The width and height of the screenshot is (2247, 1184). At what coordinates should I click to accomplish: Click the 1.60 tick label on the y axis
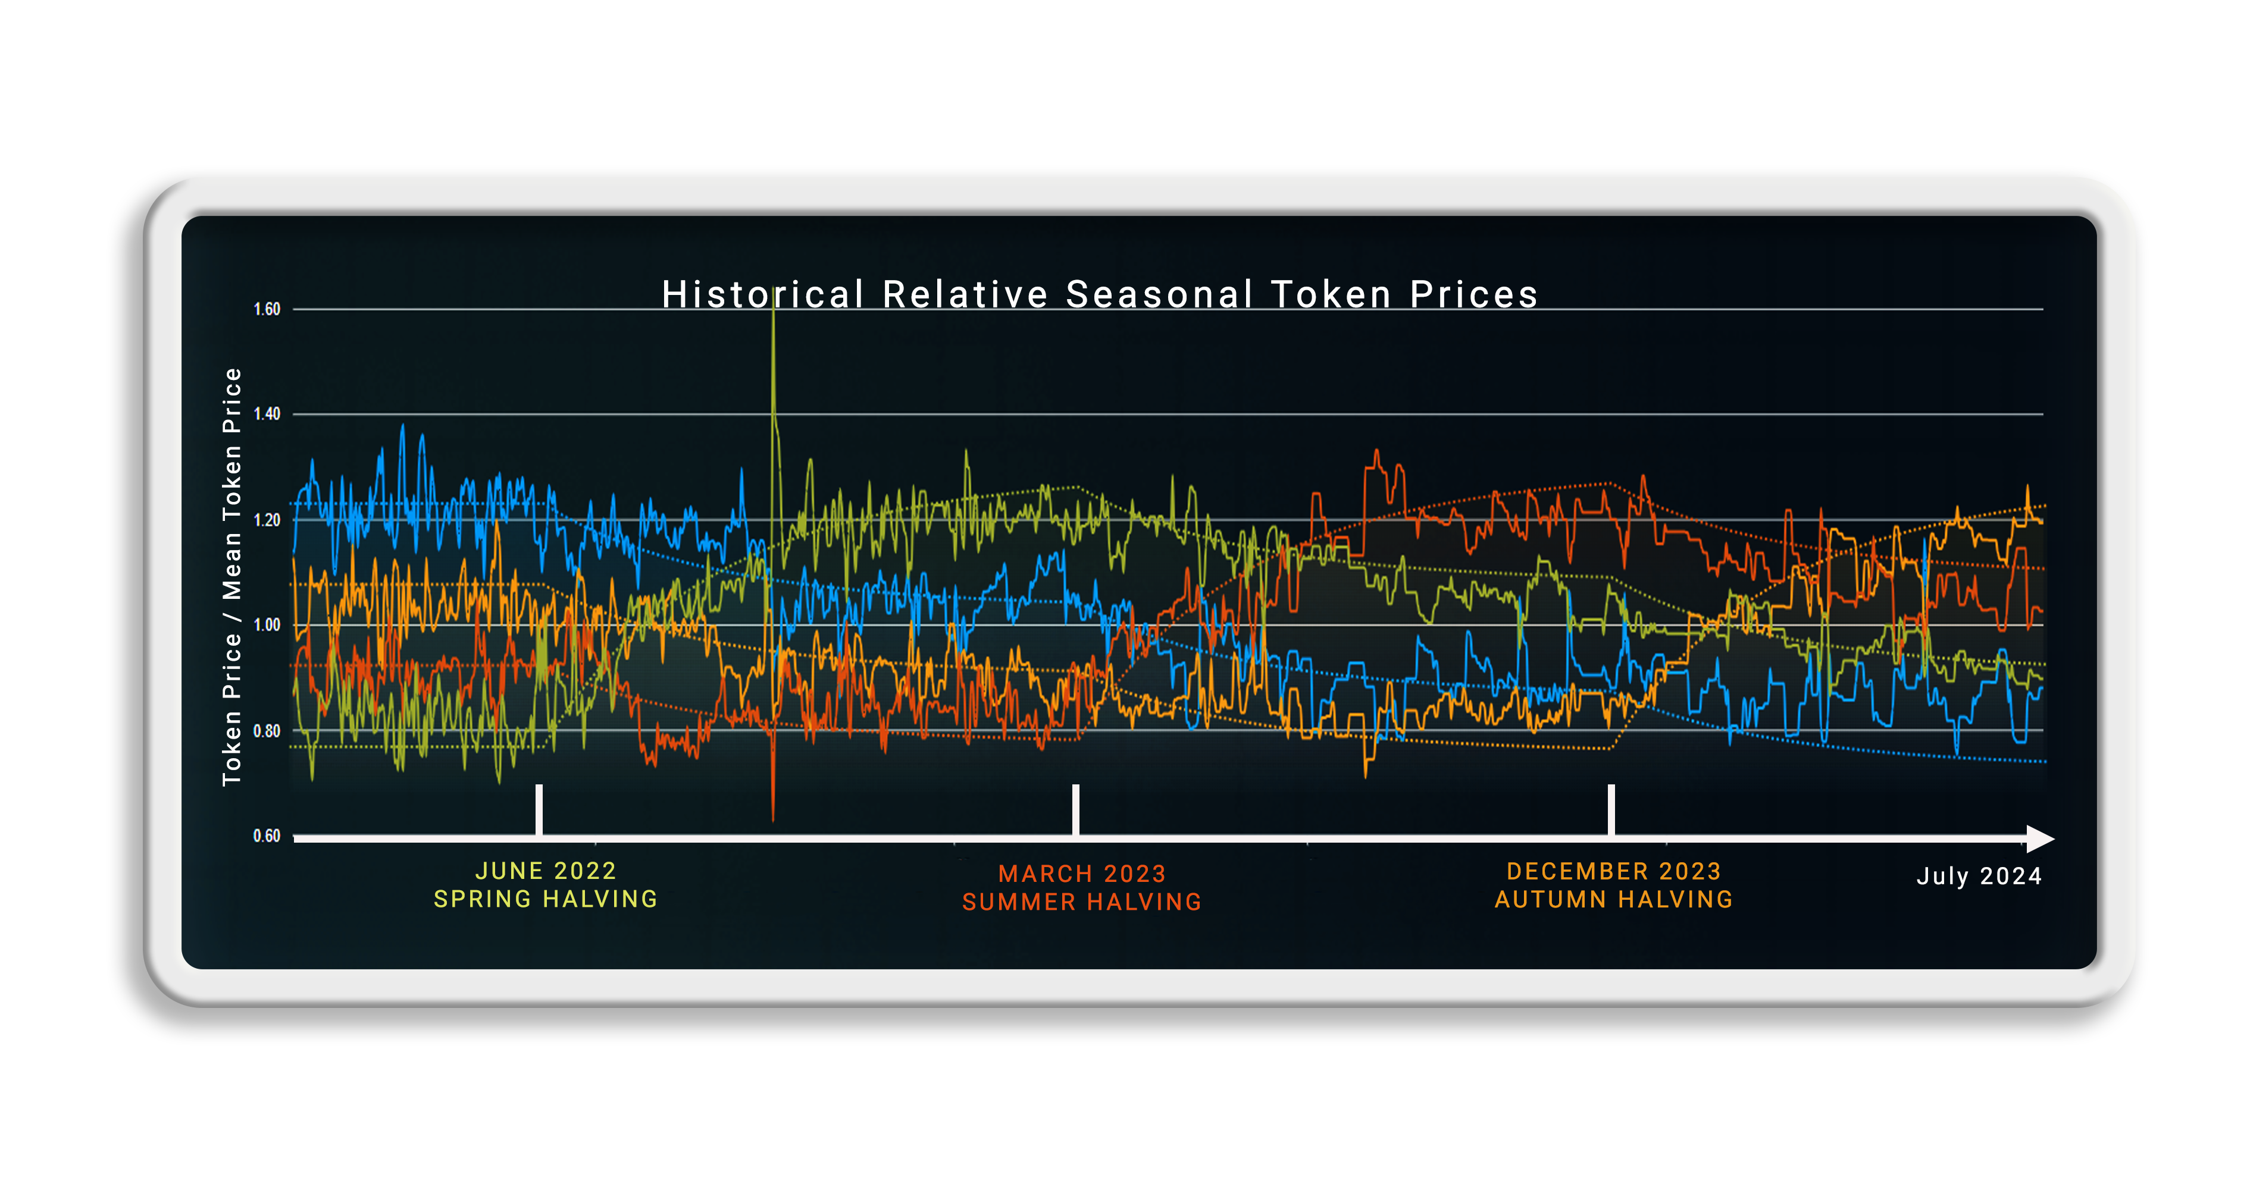point(267,309)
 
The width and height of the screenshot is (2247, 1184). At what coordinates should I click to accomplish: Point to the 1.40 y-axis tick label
point(267,414)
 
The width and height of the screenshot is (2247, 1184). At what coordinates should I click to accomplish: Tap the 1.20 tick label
point(267,520)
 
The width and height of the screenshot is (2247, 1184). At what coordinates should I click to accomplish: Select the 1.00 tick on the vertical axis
point(267,625)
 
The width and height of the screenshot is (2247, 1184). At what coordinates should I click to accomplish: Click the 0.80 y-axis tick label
point(267,731)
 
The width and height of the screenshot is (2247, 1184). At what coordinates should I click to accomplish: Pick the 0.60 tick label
point(267,836)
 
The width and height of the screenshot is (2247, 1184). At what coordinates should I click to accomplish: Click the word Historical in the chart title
point(762,295)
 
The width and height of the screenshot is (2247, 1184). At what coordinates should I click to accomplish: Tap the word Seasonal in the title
point(1159,295)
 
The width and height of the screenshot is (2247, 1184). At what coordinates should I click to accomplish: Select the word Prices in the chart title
point(1474,295)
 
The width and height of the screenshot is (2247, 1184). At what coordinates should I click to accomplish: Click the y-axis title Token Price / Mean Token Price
point(231,576)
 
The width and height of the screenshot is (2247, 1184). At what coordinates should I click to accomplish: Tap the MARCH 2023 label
point(1082,874)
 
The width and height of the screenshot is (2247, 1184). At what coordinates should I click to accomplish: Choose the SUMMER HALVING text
point(1082,902)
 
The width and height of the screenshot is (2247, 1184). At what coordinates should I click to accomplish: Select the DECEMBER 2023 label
point(1614,871)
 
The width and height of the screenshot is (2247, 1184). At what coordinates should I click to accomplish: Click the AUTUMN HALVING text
point(1614,899)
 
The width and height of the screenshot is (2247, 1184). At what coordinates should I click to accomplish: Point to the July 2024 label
point(1979,876)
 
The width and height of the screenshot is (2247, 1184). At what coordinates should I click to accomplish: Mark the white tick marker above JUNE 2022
point(539,809)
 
